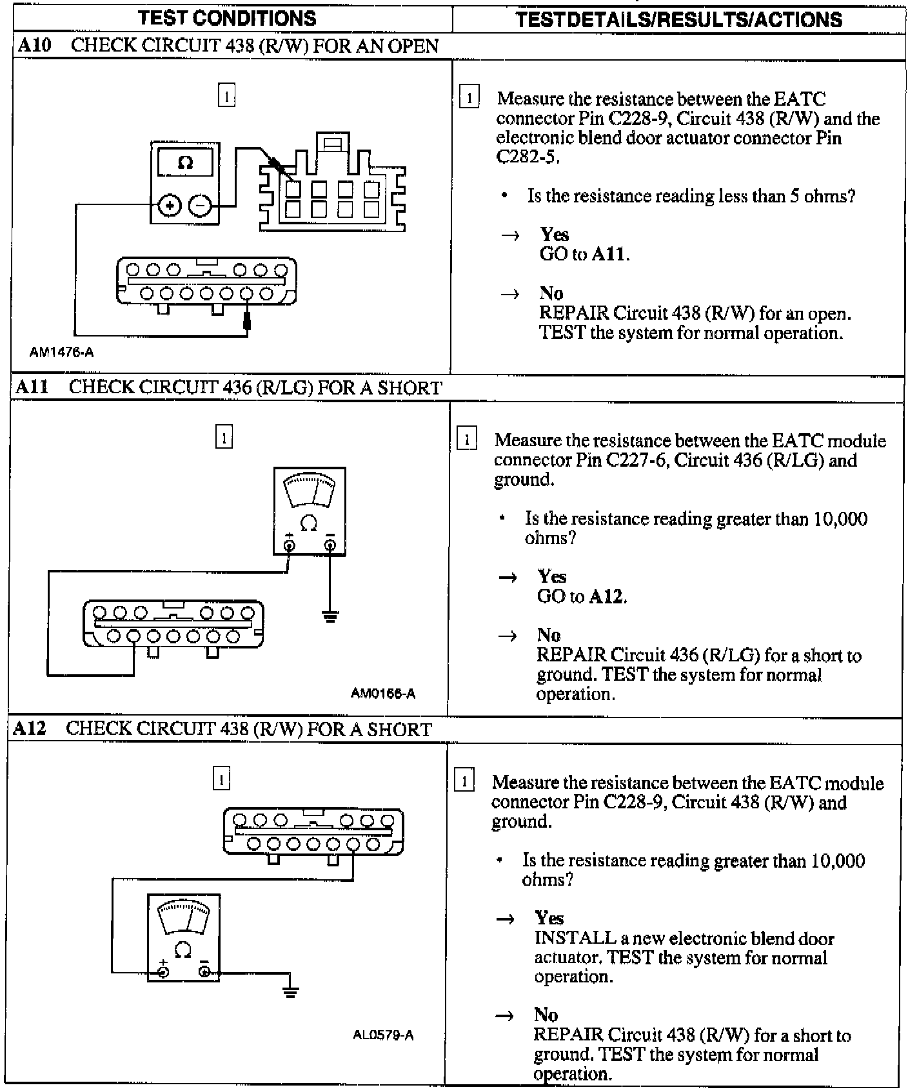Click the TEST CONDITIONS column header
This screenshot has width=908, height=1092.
tap(228, 17)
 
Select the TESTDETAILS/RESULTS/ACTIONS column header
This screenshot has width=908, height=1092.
tap(678, 19)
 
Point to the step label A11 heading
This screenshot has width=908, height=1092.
tap(32, 387)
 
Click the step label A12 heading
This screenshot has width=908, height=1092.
tap(30, 728)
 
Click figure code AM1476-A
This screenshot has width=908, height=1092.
tap(61, 352)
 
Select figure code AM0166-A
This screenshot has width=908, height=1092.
tap(383, 694)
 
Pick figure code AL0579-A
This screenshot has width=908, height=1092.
tap(383, 1035)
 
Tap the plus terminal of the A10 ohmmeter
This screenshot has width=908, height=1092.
tap(169, 206)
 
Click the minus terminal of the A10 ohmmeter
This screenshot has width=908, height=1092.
tap(200, 206)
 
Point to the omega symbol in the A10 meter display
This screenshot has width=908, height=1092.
tap(185, 163)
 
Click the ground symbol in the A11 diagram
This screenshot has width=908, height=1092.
tap(330, 617)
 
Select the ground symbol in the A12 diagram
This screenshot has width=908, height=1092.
tap(291, 992)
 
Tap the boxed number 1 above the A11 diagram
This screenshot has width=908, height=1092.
tap(223, 438)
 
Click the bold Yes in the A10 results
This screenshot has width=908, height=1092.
tap(554, 234)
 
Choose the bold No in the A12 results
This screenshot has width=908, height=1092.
tap(546, 1015)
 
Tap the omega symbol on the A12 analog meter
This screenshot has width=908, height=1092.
tap(183, 950)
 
